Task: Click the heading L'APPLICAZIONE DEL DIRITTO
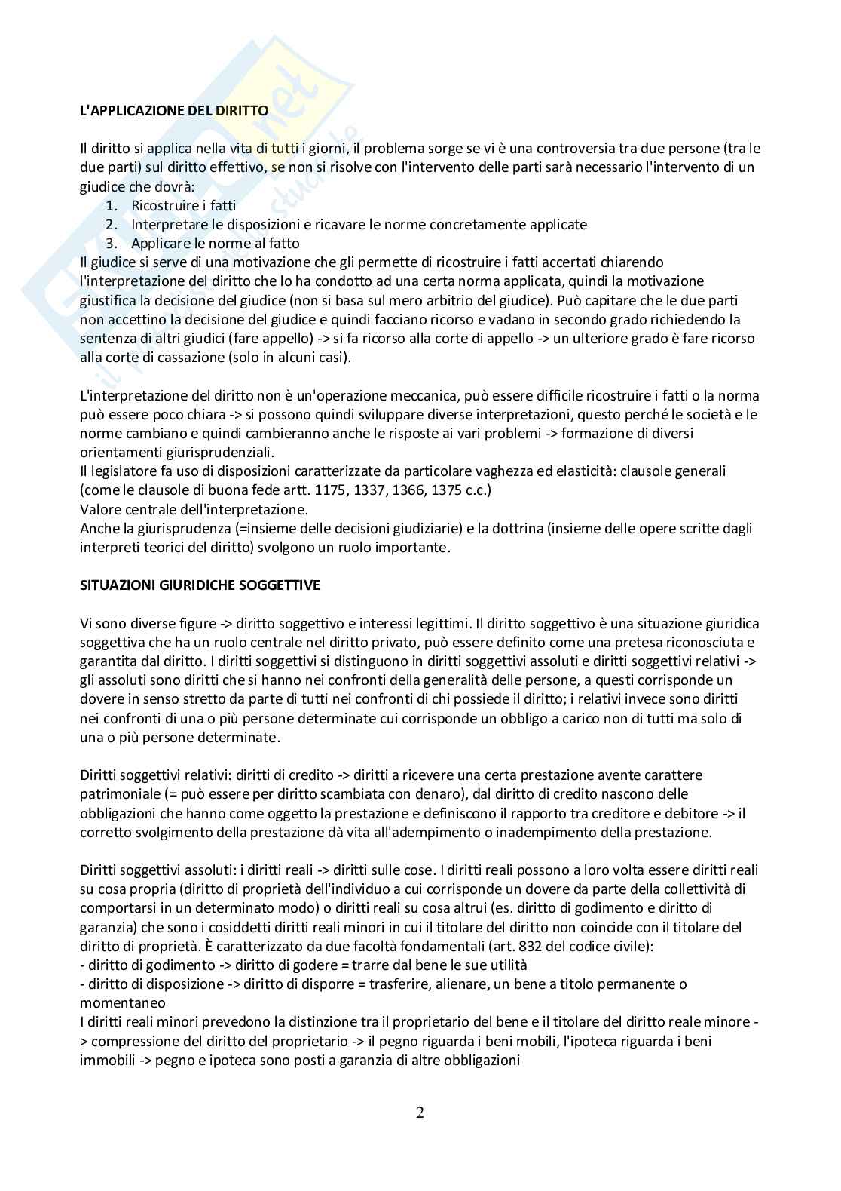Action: click(x=174, y=110)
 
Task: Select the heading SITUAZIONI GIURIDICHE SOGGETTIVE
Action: click(x=200, y=585)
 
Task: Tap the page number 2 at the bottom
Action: click(x=420, y=1113)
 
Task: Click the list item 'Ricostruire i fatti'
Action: click(x=183, y=205)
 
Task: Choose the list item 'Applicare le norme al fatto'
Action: click(x=215, y=243)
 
